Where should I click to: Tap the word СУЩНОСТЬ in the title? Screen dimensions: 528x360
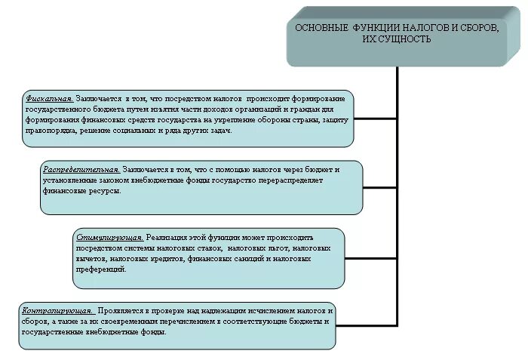405,39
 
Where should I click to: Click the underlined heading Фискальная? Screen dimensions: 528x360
49,99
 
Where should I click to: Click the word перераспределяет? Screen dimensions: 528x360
296,180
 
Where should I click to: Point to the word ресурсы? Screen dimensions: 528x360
106,191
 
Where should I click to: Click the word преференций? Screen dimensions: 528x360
101,269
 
